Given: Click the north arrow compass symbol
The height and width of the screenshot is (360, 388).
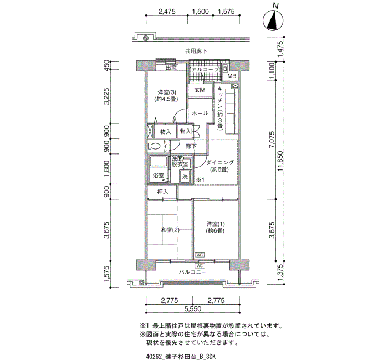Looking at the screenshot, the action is [x=273, y=20].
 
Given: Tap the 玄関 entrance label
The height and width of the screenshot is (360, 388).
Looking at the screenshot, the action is [x=200, y=90].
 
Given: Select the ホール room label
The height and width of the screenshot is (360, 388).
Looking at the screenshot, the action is [x=200, y=113].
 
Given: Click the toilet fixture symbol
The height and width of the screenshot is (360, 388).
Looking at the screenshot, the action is [x=154, y=146].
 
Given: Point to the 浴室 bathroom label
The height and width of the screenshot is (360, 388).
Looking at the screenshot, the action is [x=159, y=176].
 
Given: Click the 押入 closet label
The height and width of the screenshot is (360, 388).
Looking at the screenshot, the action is [x=162, y=192].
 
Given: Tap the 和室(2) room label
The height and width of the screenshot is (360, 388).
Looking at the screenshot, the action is [x=170, y=230].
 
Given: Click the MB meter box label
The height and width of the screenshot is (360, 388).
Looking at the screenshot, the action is [x=232, y=76].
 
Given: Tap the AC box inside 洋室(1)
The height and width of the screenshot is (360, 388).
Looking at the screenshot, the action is [x=200, y=255].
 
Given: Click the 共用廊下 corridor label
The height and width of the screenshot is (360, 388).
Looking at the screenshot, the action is [x=196, y=51].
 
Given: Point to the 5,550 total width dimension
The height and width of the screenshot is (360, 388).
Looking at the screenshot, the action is [x=193, y=309].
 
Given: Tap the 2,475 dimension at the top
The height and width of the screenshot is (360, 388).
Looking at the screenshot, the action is [x=167, y=12].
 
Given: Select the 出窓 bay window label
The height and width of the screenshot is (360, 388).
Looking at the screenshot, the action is [x=171, y=68].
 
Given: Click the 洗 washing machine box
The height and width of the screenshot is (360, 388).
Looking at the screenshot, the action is [x=185, y=176].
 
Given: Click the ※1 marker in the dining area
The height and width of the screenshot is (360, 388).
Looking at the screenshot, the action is [x=200, y=180].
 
